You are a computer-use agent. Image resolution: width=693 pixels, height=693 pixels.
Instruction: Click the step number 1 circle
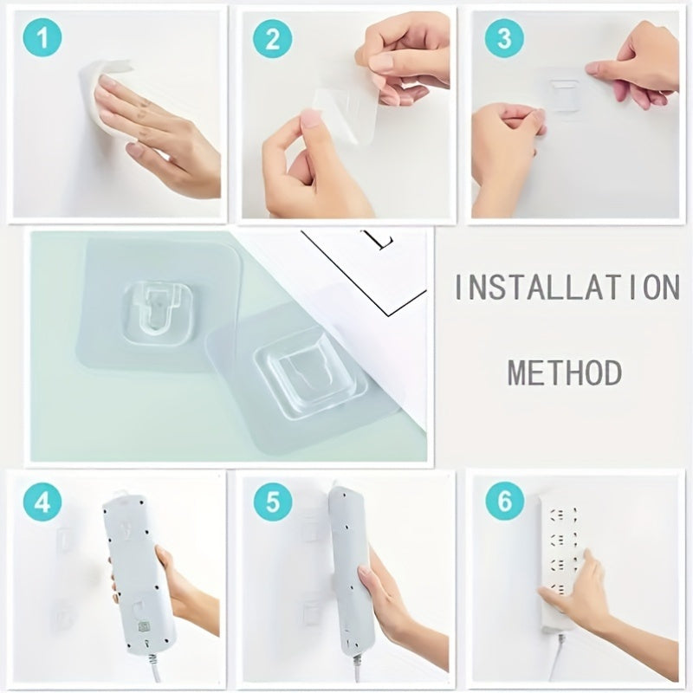point(41,40)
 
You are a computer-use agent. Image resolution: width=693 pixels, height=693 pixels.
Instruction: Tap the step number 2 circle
point(272,40)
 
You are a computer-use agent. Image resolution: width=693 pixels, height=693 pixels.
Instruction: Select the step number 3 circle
point(503,40)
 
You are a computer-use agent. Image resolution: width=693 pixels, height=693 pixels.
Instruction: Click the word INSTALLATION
point(567,287)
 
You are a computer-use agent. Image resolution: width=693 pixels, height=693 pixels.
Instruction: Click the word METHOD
point(565,372)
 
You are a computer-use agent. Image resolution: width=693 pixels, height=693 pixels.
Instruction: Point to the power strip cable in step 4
point(154,667)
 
